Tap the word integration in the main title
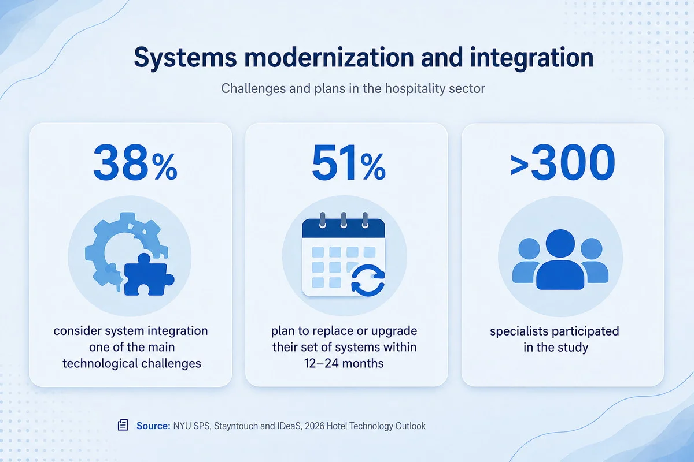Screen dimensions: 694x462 (531, 58)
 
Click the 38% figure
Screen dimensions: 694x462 (135, 162)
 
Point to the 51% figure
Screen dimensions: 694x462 (349, 162)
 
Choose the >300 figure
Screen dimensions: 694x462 (562, 162)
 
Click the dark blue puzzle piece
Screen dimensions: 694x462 (149, 275)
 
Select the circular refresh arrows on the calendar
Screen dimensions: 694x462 (368, 280)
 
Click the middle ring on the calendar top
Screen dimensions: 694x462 (344, 221)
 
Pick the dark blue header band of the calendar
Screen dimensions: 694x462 (344, 229)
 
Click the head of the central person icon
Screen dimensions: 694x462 (560, 244)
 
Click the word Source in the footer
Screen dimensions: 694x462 (153, 426)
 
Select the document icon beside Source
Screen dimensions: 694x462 (123, 425)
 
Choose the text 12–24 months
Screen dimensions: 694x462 (344, 363)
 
